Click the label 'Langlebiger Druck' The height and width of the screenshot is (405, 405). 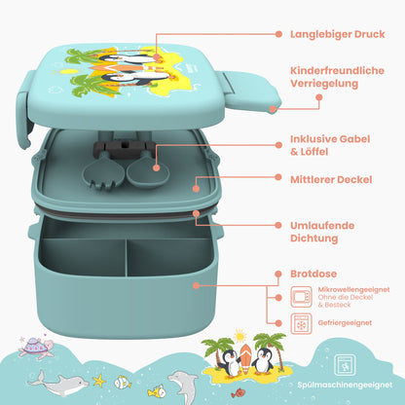coord(338,34)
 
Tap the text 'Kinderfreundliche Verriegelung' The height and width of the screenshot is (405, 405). coord(337,77)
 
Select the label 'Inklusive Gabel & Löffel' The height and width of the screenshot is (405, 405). coord(330,145)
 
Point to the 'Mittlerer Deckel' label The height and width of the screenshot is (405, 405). coord(331,179)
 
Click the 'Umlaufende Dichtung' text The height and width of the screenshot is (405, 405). coord(322,232)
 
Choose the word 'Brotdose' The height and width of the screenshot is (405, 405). coord(313,274)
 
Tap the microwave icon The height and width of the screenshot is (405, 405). coord(301,297)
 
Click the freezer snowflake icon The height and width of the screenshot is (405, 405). coord(301,323)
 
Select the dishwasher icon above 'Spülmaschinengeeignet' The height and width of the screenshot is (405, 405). coord(345,365)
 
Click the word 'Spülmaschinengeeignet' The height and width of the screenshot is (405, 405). coord(345,385)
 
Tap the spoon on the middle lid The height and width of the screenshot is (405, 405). coord(148,168)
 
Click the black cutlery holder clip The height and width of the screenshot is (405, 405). coord(125,149)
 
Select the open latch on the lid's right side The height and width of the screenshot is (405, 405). coord(250,92)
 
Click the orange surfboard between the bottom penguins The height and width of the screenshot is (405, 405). coord(245,358)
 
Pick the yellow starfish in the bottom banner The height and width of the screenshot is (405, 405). coord(99,380)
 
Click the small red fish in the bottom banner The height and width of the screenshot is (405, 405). coord(238,392)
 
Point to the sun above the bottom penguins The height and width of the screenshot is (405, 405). coord(240,336)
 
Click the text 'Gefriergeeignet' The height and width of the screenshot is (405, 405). coord(345,323)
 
